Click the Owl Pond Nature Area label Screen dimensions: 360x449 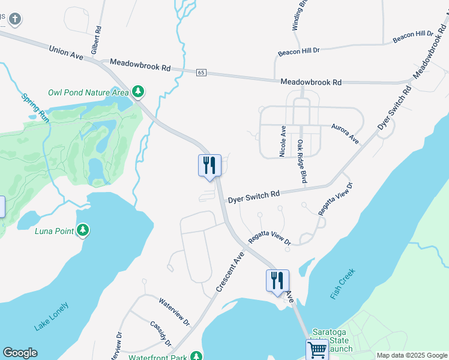click(x=88, y=92)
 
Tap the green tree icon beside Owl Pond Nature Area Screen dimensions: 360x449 click(x=139, y=91)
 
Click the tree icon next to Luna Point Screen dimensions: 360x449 click(x=83, y=230)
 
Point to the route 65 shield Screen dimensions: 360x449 click(x=201, y=73)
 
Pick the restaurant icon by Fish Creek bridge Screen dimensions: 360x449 click(x=278, y=280)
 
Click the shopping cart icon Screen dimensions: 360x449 click(x=317, y=349)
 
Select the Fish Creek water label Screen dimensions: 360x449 click(x=343, y=284)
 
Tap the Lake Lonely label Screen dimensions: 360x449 click(x=52, y=317)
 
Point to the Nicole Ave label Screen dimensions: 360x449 click(x=282, y=142)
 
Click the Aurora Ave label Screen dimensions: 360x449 click(x=345, y=133)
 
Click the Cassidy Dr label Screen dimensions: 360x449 click(x=160, y=333)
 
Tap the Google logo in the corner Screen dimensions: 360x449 click(x=20, y=353)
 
